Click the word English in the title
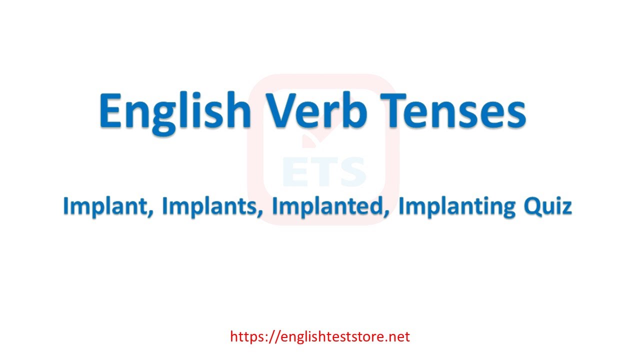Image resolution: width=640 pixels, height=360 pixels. coord(175,112)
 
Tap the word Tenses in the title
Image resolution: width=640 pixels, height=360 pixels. coord(453,110)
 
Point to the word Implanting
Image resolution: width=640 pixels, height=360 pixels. coord(457,206)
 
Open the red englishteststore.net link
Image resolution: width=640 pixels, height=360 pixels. coord(320,336)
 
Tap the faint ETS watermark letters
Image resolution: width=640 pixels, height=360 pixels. coord(324,171)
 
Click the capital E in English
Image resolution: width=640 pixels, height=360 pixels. coord(110,109)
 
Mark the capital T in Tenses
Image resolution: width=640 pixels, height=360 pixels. coord(393,109)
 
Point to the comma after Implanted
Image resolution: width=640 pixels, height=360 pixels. coord(386,213)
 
